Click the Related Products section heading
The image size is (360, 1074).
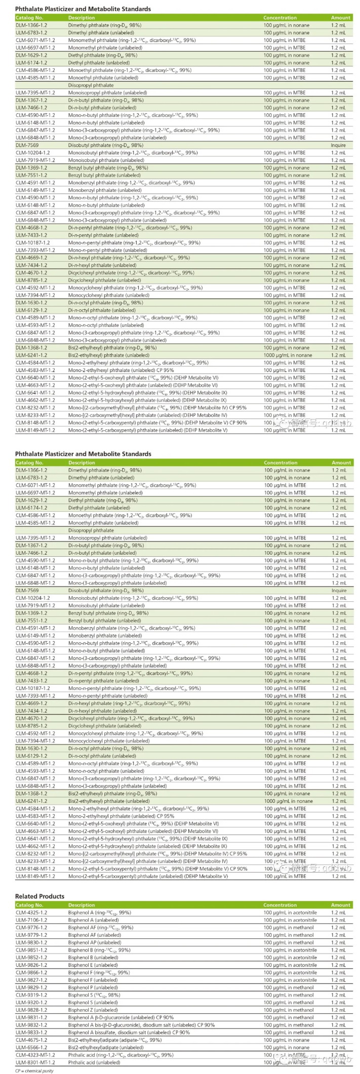[39, 896]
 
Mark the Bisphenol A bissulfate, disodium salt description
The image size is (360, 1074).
[129, 1032]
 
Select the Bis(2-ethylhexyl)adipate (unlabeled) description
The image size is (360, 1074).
[106, 1048]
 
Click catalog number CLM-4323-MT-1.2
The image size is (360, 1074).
[35, 1055]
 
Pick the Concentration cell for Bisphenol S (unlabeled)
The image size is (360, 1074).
[289, 1003]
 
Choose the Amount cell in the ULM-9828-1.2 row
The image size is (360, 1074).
[339, 1010]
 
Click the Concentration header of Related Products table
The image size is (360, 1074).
[280, 905]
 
